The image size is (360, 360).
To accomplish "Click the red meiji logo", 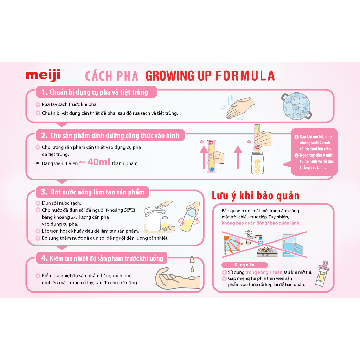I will click(43, 75).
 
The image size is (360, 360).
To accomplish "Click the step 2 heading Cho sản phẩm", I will click(110, 135).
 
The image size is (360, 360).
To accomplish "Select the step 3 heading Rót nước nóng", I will click(93, 192).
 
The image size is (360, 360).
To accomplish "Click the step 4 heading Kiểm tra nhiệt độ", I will click(102, 258).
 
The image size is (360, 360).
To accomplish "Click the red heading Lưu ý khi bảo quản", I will click(255, 195).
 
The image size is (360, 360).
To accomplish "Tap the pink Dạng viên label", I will click(245, 265).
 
